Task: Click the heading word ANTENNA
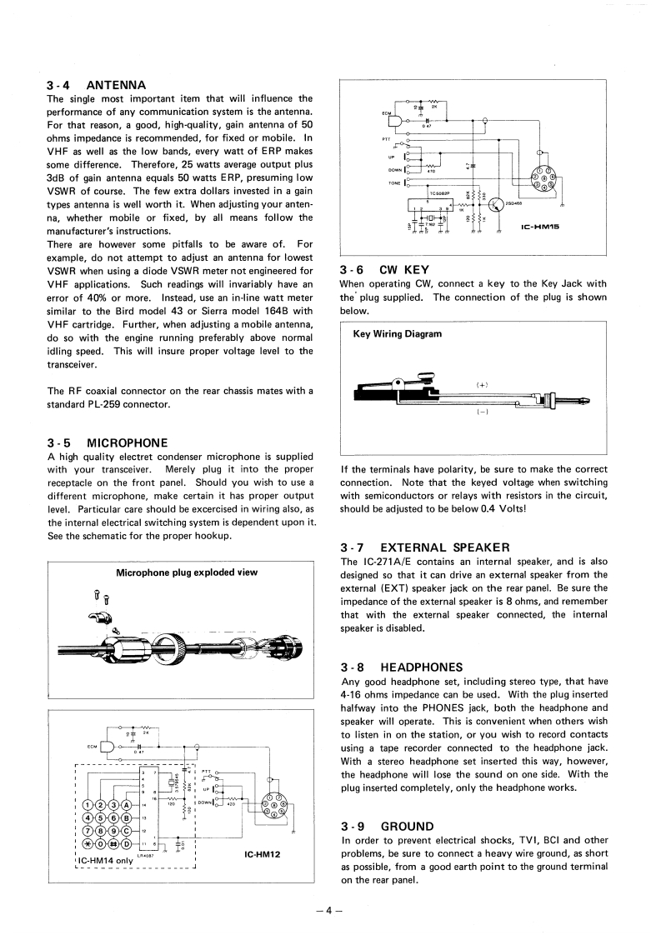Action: tap(116, 85)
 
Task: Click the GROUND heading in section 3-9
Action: tap(407, 826)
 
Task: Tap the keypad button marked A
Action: tap(126, 806)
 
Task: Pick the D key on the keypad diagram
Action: tap(126, 847)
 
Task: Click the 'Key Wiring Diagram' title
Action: tap(398, 333)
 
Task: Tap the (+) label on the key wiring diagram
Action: tap(482, 385)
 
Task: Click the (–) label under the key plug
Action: tap(482, 412)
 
